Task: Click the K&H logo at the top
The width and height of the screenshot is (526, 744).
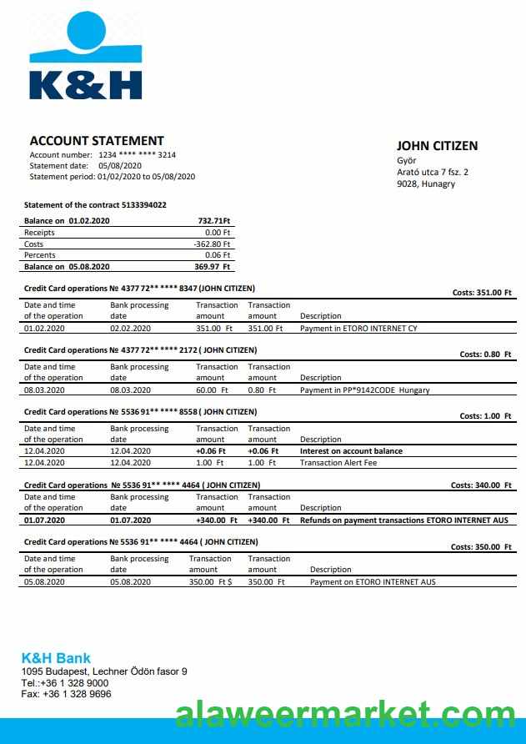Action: pyautogui.click(x=85, y=57)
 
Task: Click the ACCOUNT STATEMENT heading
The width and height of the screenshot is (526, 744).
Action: pyautogui.click(x=97, y=141)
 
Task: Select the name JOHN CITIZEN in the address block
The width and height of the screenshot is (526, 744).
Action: pyautogui.click(x=437, y=146)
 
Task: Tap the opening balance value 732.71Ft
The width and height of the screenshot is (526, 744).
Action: pyautogui.click(x=213, y=221)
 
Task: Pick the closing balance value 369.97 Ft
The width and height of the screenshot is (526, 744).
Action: pyautogui.click(x=213, y=267)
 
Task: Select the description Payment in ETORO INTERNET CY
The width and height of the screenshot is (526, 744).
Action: pyautogui.click(x=358, y=329)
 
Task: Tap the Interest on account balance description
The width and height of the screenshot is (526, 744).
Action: pyautogui.click(x=351, y=451)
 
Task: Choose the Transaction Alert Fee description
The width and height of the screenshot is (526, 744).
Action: pyautogui.click(x=338, y=463)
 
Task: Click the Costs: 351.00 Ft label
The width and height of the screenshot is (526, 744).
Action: pyautogui.click(x=482, y=293)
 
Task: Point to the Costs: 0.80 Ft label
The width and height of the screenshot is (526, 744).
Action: pyautogui.click(x=485, y=354)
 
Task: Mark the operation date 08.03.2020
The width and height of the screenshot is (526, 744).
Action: pyautogui.click(x=43, y=390)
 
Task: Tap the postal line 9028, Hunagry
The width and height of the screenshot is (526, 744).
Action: pyautogui.click(x=426, y=183)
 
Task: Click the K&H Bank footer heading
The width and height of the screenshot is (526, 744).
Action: pyautogui.click(x=56, y=658)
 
